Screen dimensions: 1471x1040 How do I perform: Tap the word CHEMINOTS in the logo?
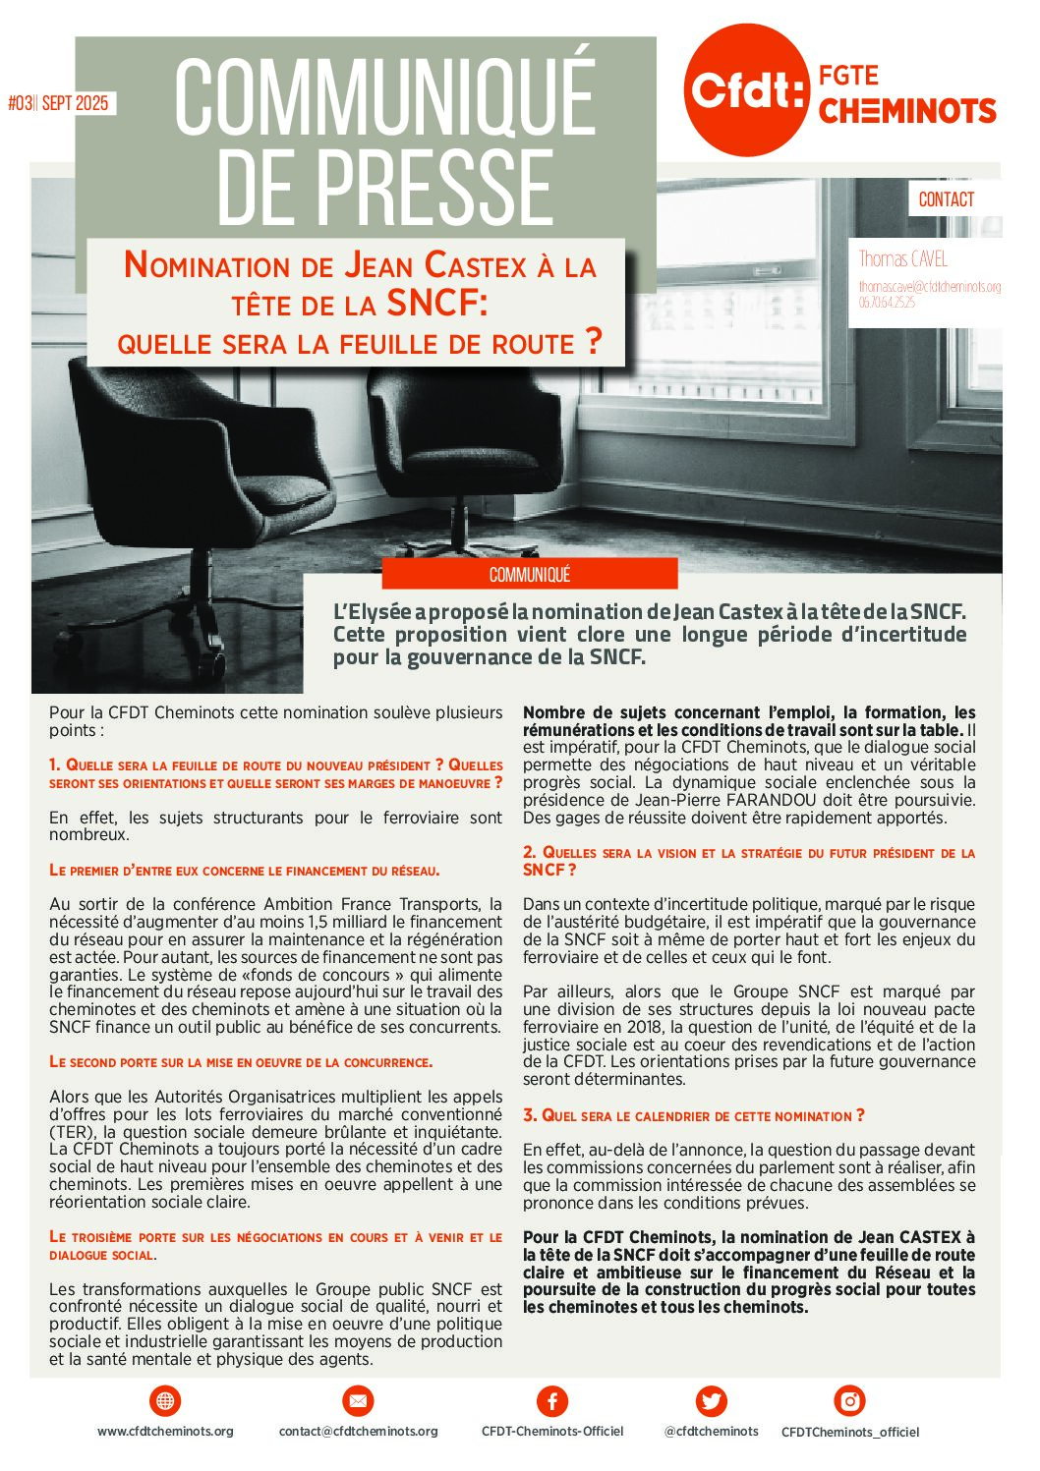point(906,111)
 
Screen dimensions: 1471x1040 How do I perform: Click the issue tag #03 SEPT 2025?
point(59,103)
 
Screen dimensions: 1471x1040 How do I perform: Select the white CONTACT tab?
point(946,199)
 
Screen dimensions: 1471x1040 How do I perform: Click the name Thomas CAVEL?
point(902,259)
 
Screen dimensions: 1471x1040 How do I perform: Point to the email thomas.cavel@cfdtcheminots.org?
point(929,287)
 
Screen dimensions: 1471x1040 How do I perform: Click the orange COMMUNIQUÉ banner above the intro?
point(529,575)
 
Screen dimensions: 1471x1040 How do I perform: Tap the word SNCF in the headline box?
point(433,303)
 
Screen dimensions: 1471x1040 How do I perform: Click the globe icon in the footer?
point(165,1400)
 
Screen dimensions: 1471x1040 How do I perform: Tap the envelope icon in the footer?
point(358,1400)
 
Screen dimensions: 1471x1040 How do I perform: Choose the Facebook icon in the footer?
point(552,1400)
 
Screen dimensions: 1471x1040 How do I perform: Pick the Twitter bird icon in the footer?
point(711,1400)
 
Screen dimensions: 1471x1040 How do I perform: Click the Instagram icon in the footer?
point(849,1400)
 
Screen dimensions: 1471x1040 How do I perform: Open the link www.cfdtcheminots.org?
point(165,1432)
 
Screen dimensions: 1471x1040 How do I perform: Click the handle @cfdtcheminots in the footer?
point(711,1432)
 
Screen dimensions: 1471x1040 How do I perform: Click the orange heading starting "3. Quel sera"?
point(693,1115)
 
